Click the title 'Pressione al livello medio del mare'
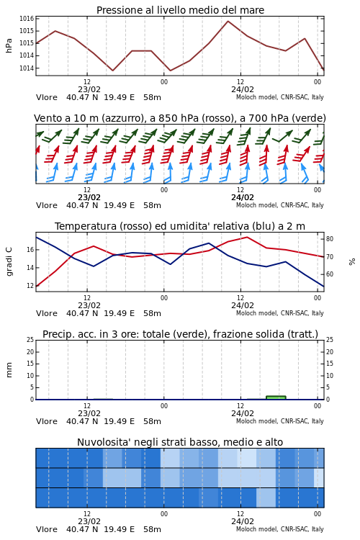click(x=180, y=10)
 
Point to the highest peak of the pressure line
click(x=228, y=21)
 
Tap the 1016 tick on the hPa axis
click(x=27, y=19)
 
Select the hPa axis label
click(x=9, y=45)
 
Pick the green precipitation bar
click(x=276, y=397)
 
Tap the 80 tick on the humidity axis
click(x=330, y=239)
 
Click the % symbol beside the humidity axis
click(x=352, y=262)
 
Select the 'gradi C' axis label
click(x=9, y=261)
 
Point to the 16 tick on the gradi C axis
click(x=30, y=250)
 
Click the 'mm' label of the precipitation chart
click(x=9, y=370)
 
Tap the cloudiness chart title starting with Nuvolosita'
click(x=180, y=442)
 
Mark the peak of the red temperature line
click(x=247, y=237)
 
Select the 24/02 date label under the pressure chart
click(x=243, y=89)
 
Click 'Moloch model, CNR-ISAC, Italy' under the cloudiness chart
click(x=280, y=529)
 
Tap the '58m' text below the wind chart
click(x=152, y=206)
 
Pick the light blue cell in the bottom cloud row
click(x=266, y=498)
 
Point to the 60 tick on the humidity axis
click(x=330, y=274)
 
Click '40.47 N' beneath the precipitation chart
click(x=82, y=421)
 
